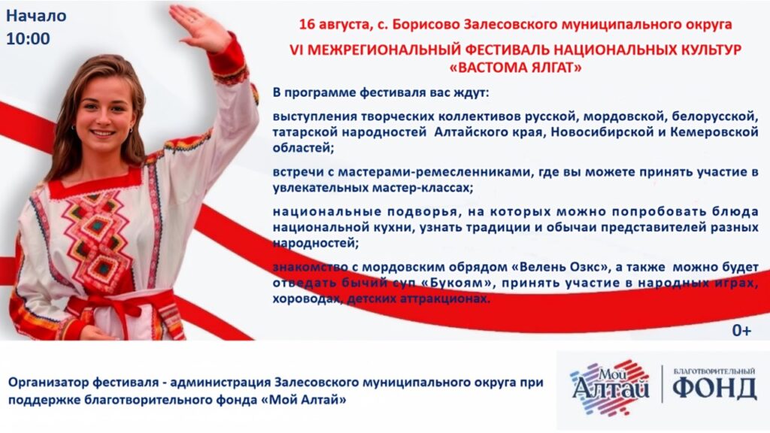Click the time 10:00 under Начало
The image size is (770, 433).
[x=28, y=39]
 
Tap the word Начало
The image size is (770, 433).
[x=36, y=16]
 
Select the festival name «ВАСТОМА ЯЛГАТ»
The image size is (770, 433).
[x=516, y=67]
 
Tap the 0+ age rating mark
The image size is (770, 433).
[x=741, y=331]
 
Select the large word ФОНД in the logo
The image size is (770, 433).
[x=714, y=389]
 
